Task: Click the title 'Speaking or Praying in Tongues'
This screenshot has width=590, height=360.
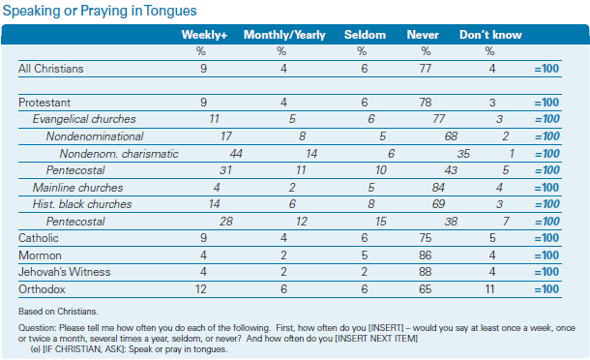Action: coord(100,11)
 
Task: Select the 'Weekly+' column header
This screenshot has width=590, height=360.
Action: coord(204,35)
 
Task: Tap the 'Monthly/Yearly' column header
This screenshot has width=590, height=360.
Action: coord(284,35)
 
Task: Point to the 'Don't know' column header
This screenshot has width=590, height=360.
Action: coord(490,35)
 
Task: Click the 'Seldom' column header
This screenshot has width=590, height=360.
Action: coord(365,35)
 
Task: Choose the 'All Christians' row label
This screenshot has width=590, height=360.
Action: coord(51,69)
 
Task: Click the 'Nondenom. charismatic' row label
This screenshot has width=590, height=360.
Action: coord(119,154)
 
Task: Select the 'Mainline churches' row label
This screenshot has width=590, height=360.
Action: coord(78,188)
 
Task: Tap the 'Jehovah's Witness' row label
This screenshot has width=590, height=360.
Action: coord(65,272)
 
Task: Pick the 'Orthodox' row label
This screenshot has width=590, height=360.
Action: coord(42,289)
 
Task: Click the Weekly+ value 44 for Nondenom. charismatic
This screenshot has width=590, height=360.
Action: coord(236,154)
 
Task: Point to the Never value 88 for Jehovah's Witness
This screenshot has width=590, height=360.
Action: coord(426,272)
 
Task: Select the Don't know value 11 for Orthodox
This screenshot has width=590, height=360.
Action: coord(489,289)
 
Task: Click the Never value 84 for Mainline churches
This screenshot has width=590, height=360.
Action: coord(438,188)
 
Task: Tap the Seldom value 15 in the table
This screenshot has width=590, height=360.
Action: coord(381,222)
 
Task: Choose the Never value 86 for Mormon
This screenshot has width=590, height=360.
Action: coord(426,255)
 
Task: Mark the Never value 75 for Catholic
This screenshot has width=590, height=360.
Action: coord(426,238)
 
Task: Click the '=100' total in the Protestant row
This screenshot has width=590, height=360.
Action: coord(546,103)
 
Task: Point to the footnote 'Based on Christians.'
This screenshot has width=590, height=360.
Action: coord(58,312)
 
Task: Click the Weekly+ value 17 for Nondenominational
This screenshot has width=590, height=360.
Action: coord(226,136)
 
